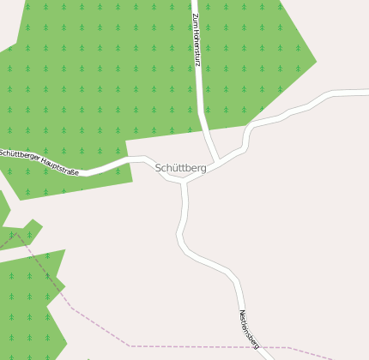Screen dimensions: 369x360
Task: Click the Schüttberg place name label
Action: tap(181, 168)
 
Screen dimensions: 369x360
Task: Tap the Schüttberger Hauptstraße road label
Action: tap(39, 162)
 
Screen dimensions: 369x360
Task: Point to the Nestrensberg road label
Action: tap(249, 329)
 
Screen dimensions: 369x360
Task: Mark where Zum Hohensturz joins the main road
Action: tap(217, 160)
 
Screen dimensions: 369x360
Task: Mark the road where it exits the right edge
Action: tap(366, 90)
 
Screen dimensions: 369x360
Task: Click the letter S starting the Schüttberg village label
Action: tap(159, 168)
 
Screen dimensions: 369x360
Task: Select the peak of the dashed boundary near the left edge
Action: tap(17, 234)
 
